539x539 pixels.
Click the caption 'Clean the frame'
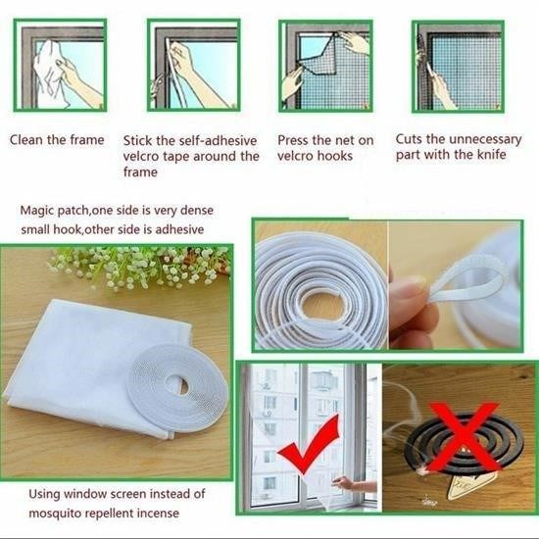(56, 139)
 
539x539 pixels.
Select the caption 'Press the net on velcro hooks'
(324, 148)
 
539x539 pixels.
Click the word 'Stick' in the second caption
(141, 140)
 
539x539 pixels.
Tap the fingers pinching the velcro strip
(412, 294)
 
